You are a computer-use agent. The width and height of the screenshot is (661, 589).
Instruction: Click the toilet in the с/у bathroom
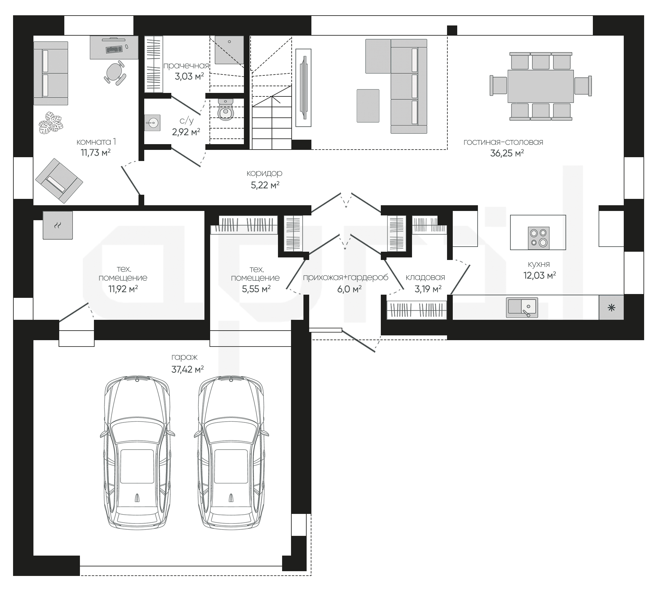(226, 109)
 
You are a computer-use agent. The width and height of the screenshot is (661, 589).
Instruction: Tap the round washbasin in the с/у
(152, 123)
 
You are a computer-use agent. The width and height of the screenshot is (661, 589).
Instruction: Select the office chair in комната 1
(115, 73)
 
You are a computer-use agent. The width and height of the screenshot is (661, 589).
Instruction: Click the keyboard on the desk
(114, 49)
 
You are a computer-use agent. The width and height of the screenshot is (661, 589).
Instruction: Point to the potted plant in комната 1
(51, 123)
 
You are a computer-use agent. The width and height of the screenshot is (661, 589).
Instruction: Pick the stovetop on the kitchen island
(538, 238)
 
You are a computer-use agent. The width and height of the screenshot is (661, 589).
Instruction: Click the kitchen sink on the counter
(522, 307)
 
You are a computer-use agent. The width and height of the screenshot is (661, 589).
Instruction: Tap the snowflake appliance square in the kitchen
(611, 308)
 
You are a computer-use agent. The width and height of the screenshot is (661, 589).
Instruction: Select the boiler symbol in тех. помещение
(58, 225)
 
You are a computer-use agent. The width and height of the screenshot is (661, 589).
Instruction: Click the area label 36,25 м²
(507, 153)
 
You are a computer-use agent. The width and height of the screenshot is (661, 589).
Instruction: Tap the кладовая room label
(425, 277)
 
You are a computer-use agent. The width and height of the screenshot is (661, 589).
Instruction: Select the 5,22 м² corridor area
(265, 185)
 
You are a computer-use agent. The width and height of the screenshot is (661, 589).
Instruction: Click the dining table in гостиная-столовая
(541, 86)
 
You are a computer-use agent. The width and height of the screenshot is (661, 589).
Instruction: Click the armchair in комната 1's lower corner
(59, 181)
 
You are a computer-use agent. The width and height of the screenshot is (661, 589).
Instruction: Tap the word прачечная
(186, 66)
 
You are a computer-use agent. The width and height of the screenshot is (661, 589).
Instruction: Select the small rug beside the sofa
(368, 106)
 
